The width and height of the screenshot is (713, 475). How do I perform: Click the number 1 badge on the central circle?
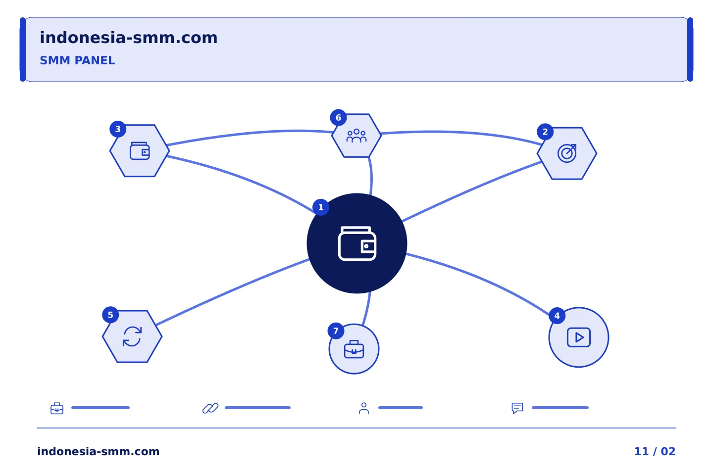tap(320, 207)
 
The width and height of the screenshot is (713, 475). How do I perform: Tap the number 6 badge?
tap(338, 118)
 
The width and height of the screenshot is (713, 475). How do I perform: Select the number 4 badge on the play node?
tap(557, 316)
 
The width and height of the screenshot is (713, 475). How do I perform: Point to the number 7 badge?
tap(336, 331)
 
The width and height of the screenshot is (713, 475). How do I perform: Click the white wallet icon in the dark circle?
tap(357, 243)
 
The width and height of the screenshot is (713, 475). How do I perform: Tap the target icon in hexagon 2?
tap(567, 153)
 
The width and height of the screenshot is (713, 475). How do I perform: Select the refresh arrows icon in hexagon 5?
tap(132, 336)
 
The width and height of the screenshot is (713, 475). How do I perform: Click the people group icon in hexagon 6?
tap(356, 136)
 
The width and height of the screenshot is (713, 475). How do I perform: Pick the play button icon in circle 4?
tap(579, 337)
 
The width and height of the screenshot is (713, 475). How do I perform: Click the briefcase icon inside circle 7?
tap(354, 349)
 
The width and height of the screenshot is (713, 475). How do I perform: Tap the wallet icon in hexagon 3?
tap(140, 151)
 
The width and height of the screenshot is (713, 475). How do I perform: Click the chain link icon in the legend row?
tap(210, 408)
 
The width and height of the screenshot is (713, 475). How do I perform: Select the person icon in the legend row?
tap(364, 408)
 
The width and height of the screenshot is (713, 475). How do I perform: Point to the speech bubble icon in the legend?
tap(517, 408)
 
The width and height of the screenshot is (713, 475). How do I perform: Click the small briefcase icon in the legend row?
tap(57, 408)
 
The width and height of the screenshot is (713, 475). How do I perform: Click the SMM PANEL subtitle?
tap(77, 60)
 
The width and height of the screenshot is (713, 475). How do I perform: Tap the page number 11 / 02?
tap(655, 451)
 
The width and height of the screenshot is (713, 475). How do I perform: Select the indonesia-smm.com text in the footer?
tap(99, 451)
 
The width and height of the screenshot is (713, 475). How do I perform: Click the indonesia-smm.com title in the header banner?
tap(129, 38)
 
